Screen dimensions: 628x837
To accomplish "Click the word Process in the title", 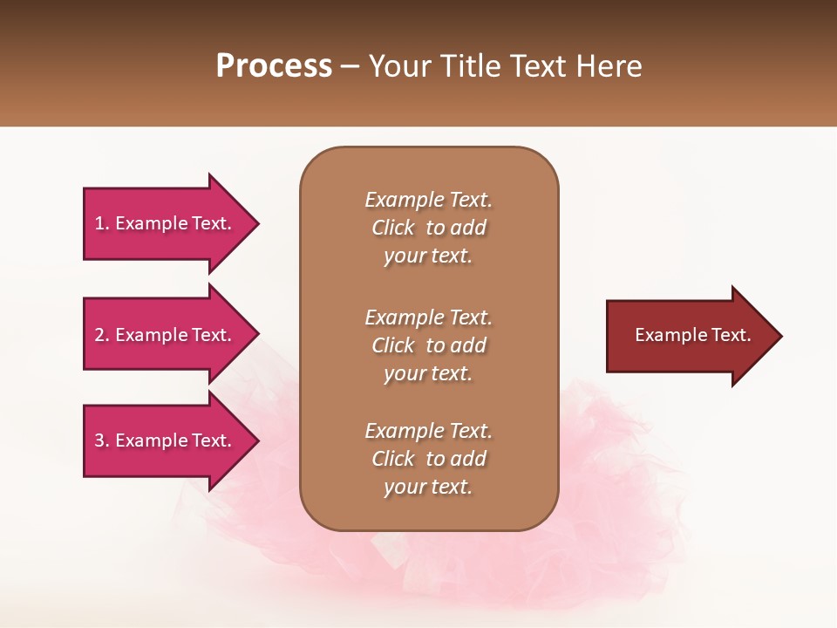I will (x=274, y=66).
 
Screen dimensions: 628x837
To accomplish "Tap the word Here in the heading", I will (x=609, y=66).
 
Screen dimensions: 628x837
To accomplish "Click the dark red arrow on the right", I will (x=689, y=335).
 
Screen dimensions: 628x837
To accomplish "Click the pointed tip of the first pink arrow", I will (x=256, y=223).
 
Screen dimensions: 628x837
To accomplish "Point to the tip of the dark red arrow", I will (x=779, y=335).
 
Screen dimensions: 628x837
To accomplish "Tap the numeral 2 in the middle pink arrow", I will (x=99, y=335).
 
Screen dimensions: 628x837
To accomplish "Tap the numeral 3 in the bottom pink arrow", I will (x=99, y=440).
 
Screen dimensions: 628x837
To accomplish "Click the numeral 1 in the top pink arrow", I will (x=99, y=223).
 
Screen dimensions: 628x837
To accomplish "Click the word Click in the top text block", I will (x=393, y=228).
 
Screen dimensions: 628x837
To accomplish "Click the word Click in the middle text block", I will (x=393, y=345).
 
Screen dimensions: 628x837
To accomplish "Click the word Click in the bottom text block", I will (x=393, y=459).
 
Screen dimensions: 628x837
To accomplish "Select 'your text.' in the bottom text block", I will (x=428, y=487).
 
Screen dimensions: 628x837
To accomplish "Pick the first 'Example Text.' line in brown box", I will (x=428, y=200).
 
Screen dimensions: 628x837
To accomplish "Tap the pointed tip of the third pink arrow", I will (x=256, y=440).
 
